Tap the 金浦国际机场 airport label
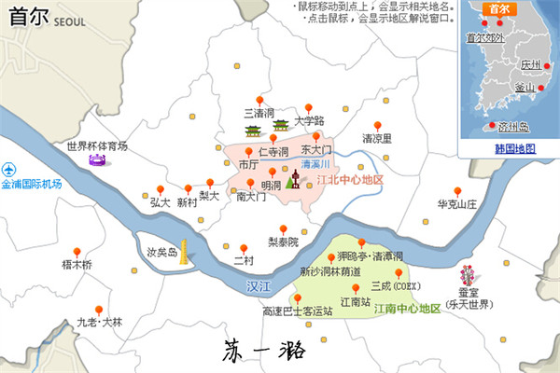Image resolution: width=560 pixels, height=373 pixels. click(33, 184)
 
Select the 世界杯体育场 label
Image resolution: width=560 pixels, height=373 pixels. click(97, 145)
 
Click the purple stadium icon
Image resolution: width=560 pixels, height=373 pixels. click(97, 161)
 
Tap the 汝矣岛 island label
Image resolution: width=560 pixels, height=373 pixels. click(162, 252)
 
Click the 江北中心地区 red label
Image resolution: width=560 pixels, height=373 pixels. click(351, 179)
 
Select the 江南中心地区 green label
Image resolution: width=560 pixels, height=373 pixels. click(407, 308)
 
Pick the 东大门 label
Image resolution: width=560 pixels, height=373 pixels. click(316, 149)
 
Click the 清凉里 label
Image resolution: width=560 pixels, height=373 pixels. click(377, 138)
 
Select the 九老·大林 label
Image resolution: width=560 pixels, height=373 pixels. click(99, 323)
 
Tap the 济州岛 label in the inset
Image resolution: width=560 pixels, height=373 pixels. click(512, 126)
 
